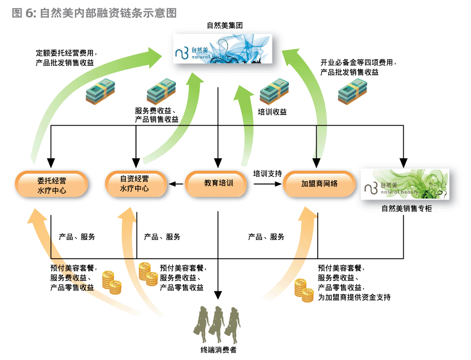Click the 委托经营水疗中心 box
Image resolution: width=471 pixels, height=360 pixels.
pyautogui.click(x=51, y=184)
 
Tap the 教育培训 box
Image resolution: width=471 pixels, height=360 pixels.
pyautogui.click(x=218, y=184)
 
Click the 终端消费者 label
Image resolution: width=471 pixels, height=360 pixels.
pyautogui.click(x=218, y=350)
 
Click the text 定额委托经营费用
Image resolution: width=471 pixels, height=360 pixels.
pyautogui.click(x=66, y=53)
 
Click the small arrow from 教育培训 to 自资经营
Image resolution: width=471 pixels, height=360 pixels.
pyautogui.click(x=176, y=184)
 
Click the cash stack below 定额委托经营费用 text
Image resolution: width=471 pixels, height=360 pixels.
pyautogui.click(x=100, y=91)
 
